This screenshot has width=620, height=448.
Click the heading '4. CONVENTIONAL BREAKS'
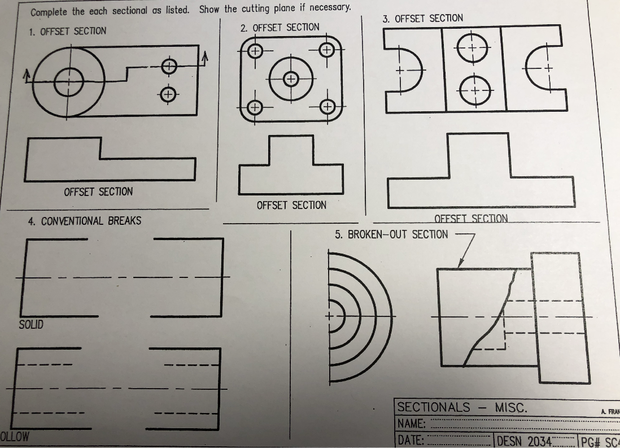(85, 221)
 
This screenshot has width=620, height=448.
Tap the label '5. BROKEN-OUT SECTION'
(391, 234)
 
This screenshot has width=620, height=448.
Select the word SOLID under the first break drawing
(31, 325)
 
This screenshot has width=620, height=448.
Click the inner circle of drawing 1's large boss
(69, 82)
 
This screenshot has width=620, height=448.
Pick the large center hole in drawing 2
(290, 79)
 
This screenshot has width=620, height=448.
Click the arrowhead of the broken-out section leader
(460, 266)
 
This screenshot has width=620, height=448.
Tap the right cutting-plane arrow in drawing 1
(205, 55)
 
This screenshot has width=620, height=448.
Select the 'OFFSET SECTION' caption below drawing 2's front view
(291, 205)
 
